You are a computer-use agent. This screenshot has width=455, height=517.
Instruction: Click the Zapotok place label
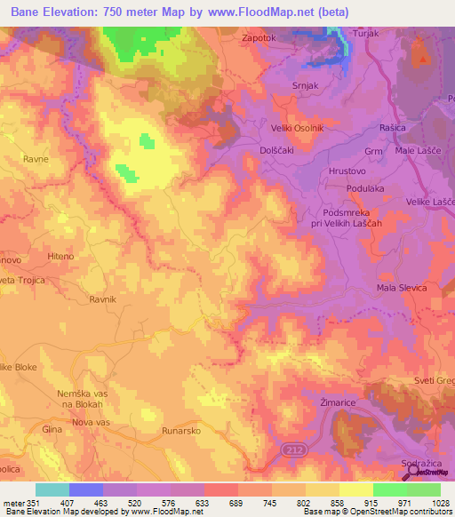(262, 39)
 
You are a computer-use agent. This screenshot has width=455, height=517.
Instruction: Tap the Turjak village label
(366, 33)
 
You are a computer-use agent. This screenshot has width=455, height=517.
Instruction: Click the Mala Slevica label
(402, 289)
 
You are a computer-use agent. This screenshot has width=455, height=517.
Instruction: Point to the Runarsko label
(180, 430)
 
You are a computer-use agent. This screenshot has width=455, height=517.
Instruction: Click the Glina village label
(52, 429)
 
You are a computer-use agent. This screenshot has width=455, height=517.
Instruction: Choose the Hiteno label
(60, 256)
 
